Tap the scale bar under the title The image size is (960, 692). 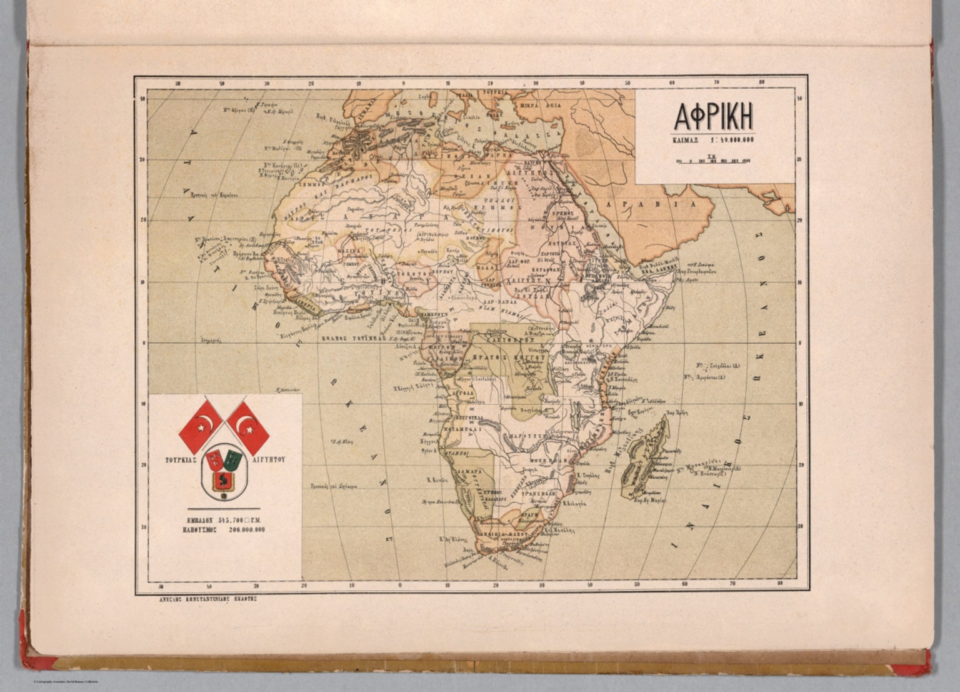712,160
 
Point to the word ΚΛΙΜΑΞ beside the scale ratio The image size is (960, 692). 685,141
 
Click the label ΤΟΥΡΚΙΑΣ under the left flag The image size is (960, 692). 181,459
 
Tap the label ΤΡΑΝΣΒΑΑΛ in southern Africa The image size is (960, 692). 538,493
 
